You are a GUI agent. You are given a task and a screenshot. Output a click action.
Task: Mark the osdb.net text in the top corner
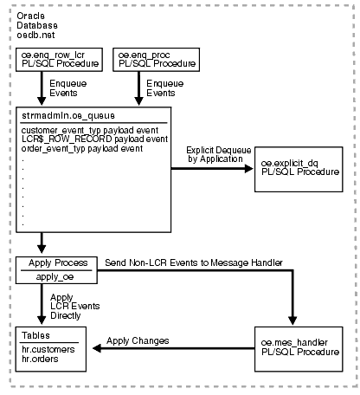pyautogui.click(x=35, y=33)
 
